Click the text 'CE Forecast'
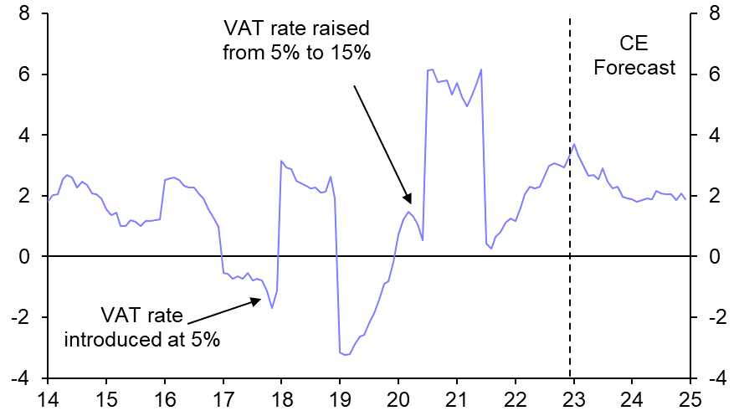[634, 55]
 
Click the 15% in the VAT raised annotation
[352, 52]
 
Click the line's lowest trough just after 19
[346, 355]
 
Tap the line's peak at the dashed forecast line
[573, 144]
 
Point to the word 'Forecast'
[634, 68]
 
